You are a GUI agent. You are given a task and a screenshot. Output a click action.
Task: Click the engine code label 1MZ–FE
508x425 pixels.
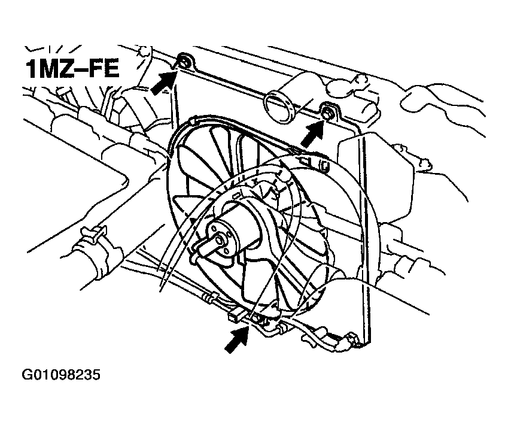[x=72, y=69]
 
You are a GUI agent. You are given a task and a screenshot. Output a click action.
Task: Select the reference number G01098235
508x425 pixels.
[x=61, y=375]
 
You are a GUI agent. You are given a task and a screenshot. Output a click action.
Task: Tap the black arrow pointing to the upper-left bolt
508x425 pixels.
[x=164, y=83]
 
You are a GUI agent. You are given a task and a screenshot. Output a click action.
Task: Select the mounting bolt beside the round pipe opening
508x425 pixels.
[x=327, y=113]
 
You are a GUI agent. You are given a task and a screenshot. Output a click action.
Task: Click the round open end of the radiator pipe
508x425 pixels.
[x=279, y=108]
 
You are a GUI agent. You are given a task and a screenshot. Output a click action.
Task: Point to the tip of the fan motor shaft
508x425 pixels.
[x=221, y=240]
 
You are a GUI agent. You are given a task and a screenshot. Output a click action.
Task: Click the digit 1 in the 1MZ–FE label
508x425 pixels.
[x=32, y=69]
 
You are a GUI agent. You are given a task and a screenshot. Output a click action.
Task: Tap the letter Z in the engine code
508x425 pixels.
[x=68, y=69]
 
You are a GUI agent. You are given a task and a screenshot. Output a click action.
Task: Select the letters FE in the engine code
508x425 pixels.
[x=104, y=69]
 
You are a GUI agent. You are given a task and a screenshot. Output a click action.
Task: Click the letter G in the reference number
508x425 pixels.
[x=26, y=375]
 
